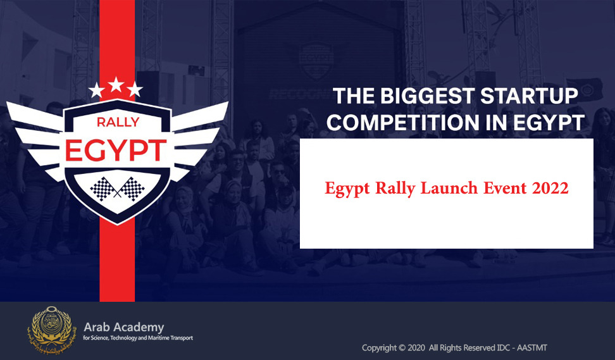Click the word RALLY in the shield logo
pyautogui.click(x=118, y=122)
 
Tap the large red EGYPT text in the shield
pyautogui.click(x=116, y=151)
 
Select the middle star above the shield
pyautogui.click(x=116, y=84)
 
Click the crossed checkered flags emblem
pyautogui.click(x=117, y=189)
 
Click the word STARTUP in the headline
pyautogui.click(x=529, y=96)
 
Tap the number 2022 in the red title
pyautogui.click(x=550, y=188)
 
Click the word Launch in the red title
pyautogui.click(x=449, y=188)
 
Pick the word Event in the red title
pyautogui.click(x=505, y=188)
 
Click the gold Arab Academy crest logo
pyautogui.click(x=51, y=330)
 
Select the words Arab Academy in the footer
pyautogui.click(x=124, y=327)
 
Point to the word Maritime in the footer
pyautogui.click(x=158, y=338)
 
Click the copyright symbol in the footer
pyautogui.click(x=402, y=348)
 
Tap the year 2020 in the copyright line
pyautogui.click(x=416, y=348)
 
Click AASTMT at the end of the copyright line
pyautogui.click(x=531, y=348)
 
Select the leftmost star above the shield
pyautogui.click(x=96, y=90)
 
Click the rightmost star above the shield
pyautogui.click(x=135, y=89)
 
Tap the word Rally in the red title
pyautogui.click(x=395, y=189)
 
